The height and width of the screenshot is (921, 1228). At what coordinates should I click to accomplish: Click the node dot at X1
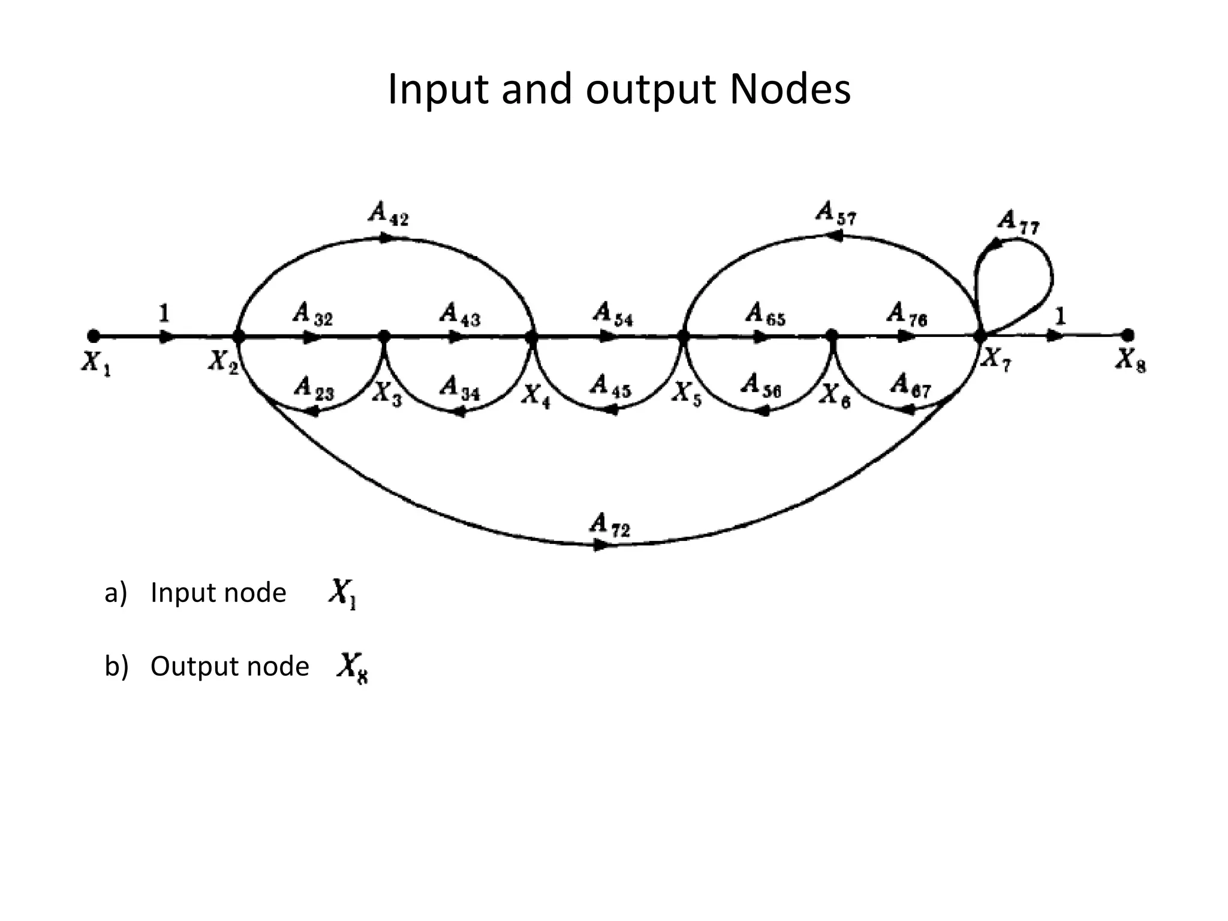pos(93,336)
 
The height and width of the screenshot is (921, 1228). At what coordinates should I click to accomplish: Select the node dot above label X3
pos(384,336)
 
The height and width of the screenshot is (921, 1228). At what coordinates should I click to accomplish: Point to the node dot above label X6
pos(832,336)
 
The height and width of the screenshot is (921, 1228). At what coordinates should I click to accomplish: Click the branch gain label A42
pos(388,213)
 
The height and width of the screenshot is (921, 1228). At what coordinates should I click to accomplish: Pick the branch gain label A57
pos(836,213)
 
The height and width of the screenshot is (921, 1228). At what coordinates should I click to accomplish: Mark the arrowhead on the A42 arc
pos(387,238)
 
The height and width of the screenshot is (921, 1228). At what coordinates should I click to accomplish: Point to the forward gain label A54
pos(612,314)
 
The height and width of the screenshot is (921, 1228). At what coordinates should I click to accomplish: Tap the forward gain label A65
pos(765,314)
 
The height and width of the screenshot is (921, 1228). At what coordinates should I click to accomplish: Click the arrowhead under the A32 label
pos(311,337)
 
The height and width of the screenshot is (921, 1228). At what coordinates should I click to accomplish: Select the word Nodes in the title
pos(790,89)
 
